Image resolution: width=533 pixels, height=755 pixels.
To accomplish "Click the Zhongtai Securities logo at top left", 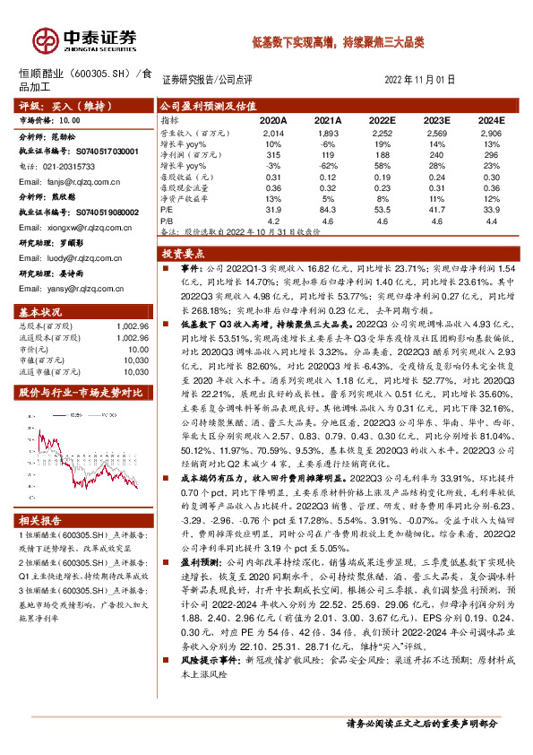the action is [85, 39].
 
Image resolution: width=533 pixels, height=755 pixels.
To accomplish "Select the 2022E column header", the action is [383, 119].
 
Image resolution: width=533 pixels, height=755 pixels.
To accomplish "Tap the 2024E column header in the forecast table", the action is [490, 119].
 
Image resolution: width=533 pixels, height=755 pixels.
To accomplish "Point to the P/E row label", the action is [168, 208].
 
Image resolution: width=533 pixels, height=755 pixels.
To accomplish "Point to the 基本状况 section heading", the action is [41, 311].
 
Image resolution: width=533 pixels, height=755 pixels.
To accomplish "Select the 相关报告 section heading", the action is [41, 519].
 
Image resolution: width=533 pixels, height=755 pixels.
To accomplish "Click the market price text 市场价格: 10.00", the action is [49, 117].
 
